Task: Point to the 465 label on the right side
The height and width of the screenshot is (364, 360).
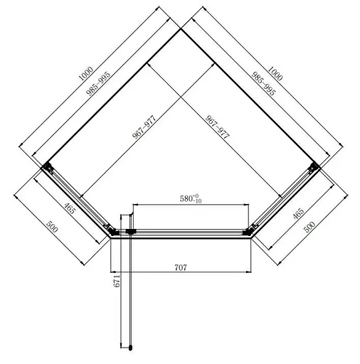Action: coord(298,212)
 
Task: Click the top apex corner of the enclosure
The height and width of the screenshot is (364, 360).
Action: coord(180,28)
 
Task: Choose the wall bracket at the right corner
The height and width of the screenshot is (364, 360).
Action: coord(312,168)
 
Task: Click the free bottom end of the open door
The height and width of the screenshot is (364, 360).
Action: coord(130,348)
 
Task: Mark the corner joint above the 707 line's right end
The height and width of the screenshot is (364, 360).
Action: coord(250,230)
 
